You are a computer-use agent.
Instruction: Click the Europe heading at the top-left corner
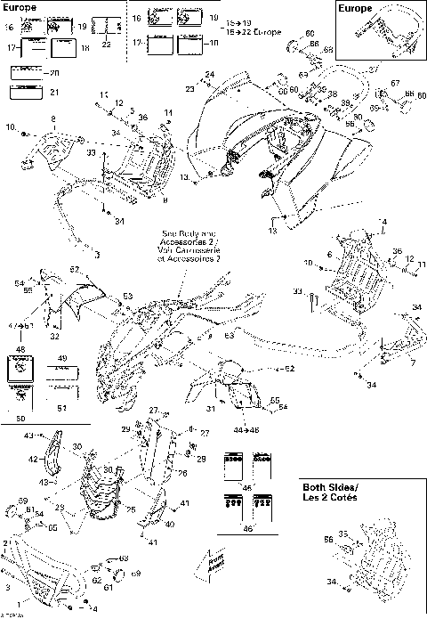(20, 5)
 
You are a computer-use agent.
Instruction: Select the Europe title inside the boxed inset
(359, 8)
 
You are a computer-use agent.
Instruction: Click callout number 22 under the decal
(107, 43)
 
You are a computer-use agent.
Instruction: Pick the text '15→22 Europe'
(256, 32)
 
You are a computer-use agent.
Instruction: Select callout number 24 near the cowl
(210, 74)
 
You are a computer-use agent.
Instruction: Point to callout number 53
(127, 295)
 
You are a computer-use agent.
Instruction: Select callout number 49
(62, 358)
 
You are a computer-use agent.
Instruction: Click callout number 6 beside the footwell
(328, 256)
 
